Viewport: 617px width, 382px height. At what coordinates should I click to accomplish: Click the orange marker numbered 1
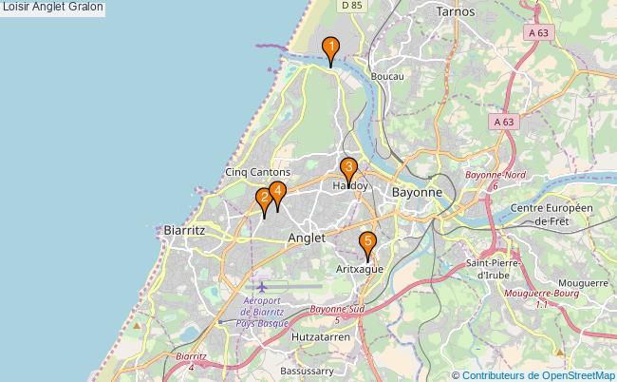click(330, 48)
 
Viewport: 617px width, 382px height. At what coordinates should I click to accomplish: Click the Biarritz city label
click(184, 230)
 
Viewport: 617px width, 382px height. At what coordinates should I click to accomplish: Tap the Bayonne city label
click(417, 192)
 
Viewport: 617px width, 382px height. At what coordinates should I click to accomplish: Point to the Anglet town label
click(307, 238)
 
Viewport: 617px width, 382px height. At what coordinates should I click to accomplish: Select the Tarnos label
click(455, 11)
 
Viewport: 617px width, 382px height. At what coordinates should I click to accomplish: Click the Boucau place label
click(388, 76)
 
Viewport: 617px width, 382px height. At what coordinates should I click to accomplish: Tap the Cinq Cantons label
click(257, 172)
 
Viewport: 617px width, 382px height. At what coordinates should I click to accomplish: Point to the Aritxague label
click(360, 270)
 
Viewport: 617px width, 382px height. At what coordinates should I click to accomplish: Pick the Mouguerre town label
click(583, 283)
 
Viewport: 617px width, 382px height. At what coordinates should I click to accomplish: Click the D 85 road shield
click(352, 6)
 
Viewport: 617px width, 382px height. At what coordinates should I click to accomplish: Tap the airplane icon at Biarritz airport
click(262, 286)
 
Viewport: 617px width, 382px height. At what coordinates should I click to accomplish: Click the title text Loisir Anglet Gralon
click(53, 8)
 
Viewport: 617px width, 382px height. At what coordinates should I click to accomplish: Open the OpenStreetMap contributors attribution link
click(533, 374)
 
